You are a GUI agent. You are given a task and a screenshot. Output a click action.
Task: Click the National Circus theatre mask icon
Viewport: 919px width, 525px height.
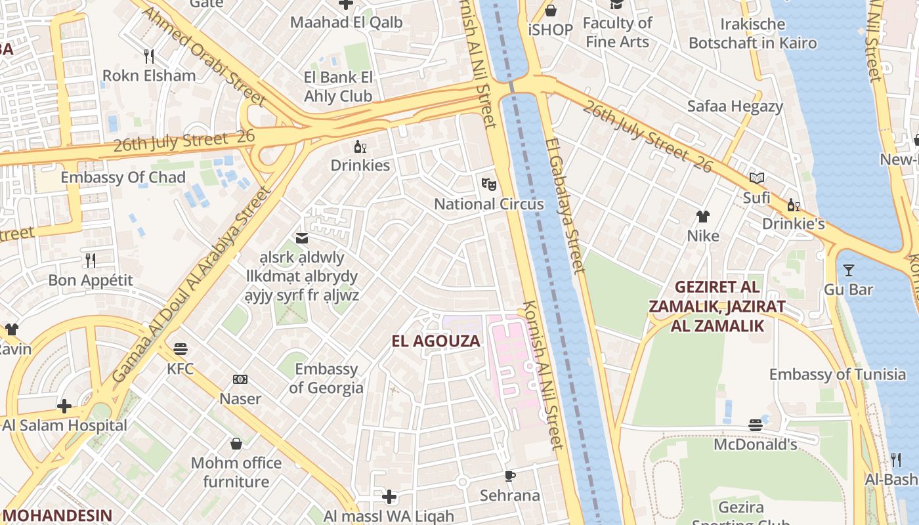click(488, 184)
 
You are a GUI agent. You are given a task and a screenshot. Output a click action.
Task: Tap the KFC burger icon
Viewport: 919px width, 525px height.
click(181, 348)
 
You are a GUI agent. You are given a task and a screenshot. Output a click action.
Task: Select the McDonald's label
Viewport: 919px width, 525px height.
click(755, 444)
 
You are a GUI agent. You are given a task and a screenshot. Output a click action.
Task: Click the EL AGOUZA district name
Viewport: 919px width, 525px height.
click(436, 341)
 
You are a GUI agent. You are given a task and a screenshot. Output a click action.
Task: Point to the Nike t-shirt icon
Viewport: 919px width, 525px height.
click(703, 216)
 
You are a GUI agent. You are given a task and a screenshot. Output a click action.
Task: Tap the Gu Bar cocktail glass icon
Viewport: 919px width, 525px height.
click(848, 270)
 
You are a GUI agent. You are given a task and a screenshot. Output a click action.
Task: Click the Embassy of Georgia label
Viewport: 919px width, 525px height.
click(326, 378)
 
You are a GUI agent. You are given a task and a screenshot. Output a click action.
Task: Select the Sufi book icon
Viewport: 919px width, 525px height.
click(756, 178)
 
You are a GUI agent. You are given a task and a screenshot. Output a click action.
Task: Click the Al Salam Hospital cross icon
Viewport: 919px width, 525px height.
click(64, 406)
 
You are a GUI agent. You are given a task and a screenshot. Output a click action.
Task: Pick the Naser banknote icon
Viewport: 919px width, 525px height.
click(240, 379)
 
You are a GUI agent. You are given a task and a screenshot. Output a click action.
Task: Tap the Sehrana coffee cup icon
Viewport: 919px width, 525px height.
click(509, 476)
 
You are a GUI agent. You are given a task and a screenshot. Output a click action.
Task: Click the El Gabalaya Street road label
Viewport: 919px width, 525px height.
click(565, 205)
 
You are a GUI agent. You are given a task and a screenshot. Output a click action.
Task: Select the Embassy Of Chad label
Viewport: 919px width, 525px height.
click(123, 177)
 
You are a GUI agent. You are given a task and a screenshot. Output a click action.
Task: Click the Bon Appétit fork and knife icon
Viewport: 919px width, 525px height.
click(91, 261)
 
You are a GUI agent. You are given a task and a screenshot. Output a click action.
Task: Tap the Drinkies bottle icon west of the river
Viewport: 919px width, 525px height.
click(360, 146)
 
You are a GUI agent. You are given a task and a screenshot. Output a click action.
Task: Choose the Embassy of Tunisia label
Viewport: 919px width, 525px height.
click(837, 375)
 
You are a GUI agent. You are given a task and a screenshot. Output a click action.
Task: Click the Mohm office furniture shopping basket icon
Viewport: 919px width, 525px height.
click(236, 444)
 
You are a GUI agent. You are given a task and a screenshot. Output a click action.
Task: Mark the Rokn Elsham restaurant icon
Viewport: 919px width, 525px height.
click(149, 56)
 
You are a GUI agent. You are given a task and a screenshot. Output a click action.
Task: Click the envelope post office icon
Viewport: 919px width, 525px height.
click(302, 238)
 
